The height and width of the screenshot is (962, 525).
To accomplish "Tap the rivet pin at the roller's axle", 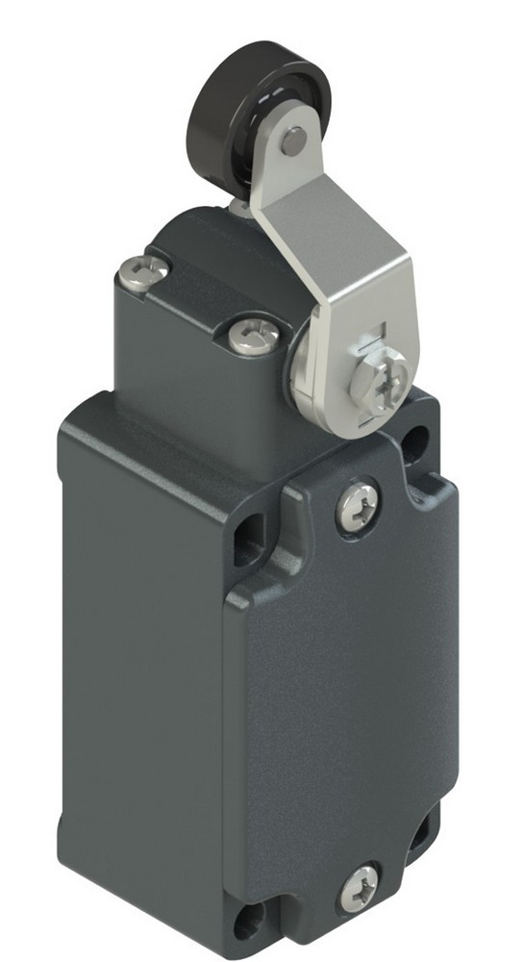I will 294,141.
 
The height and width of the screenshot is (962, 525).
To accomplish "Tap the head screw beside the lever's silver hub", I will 255,337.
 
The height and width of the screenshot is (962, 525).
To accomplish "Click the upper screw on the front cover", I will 358,506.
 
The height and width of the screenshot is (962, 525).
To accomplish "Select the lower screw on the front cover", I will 360,887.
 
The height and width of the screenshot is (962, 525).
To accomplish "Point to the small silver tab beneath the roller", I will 238,207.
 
